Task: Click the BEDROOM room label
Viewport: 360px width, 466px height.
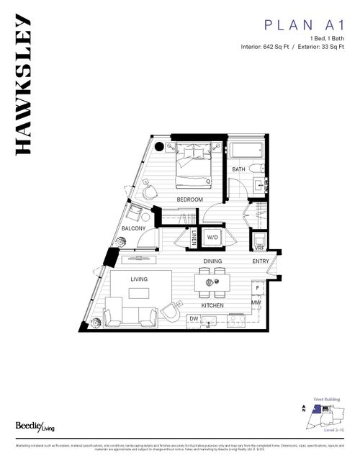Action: click(x=191, y=200)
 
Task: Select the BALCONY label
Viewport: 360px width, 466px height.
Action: click(x=134, y=228)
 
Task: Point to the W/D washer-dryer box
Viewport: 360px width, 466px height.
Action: click(x=213, y=236)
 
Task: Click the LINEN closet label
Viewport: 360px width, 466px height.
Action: click(x=194, y=237)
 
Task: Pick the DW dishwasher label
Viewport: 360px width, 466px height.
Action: click(x=194, y=318)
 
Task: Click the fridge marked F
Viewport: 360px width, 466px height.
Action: click(x=257, y=288)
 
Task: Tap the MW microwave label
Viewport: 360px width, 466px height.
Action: click(x=256, y=303)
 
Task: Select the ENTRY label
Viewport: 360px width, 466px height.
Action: click(x=260, y=261)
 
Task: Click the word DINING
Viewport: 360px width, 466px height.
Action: click(x=212, y=261)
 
